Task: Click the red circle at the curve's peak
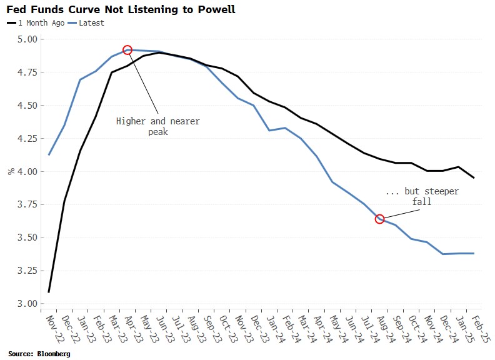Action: [x=127, y=50]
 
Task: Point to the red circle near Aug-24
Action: [x=379, y=219]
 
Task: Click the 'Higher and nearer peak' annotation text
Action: [x=158, y=126]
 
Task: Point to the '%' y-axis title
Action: [x=11, y=171]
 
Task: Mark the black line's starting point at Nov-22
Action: [x=49, y=292]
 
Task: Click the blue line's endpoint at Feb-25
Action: [x=473, y=253]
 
